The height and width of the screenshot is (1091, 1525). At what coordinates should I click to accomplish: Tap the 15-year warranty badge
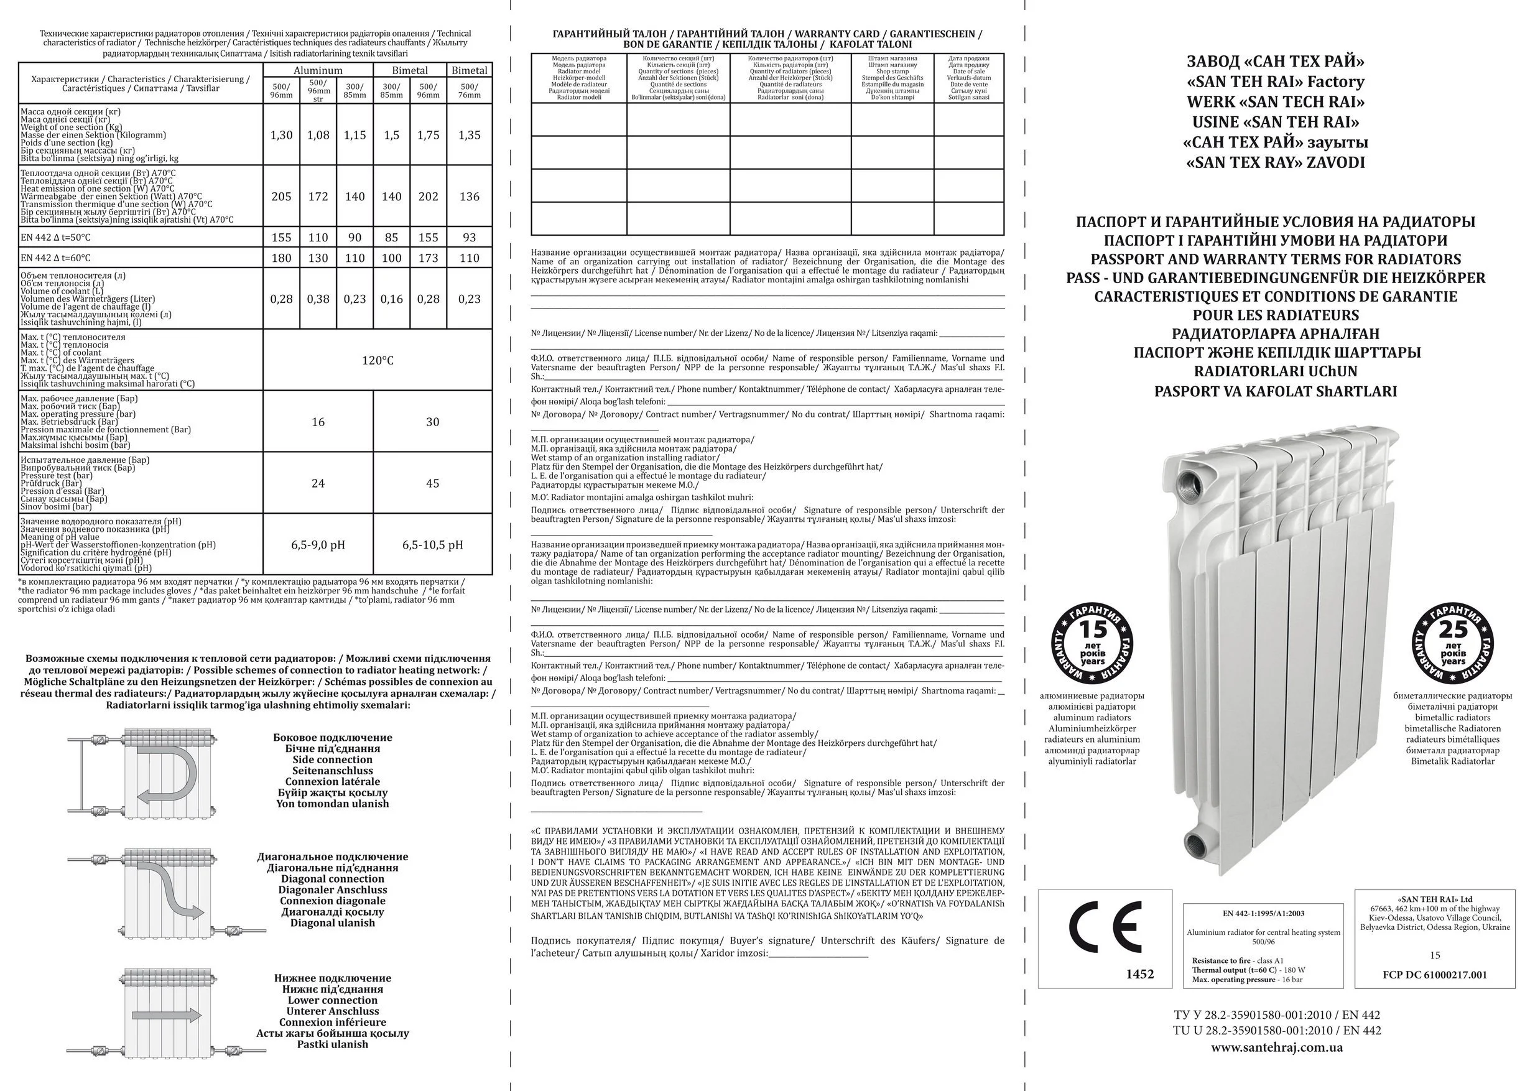tap(1092, 643)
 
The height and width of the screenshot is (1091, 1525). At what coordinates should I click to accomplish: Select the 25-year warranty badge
tap(1452, 643)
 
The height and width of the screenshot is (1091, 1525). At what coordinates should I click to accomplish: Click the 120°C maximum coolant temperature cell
tap(378, 361)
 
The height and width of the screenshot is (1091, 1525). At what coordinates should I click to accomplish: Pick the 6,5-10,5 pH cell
tap(433, 545)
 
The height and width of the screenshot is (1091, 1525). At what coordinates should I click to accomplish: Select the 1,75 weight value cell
tap(428, 135)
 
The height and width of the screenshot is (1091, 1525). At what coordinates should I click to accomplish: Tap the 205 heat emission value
tap(281, 197)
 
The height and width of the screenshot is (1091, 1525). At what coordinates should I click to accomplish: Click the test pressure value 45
tap(433, 484)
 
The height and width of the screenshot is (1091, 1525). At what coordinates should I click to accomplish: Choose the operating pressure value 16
tap(318, 422)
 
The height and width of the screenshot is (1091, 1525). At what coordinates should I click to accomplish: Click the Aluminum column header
tap(318, 70)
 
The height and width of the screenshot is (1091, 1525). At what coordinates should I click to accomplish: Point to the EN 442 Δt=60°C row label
tap(56, 258)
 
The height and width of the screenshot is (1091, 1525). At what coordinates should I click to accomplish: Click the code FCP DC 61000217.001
tap(1434, 975)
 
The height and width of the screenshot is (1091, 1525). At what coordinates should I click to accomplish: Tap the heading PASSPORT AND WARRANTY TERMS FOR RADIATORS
tap(1275, 259)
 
